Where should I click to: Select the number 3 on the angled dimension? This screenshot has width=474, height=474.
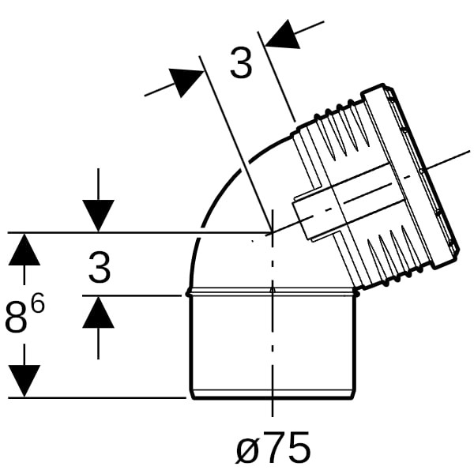241,63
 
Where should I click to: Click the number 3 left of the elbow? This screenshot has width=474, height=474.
100,268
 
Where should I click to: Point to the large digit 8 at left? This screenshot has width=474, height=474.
17,317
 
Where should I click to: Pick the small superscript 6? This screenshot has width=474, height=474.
38,303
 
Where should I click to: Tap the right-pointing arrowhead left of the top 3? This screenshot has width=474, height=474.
185,82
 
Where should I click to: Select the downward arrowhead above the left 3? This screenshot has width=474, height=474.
98,216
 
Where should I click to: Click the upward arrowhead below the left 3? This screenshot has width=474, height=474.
98,311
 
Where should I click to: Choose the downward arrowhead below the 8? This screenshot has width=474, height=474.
24,381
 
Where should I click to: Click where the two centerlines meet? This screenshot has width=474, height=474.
273,232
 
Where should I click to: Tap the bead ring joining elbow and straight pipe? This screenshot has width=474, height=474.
272,292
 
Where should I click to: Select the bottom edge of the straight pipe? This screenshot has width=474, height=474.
273,399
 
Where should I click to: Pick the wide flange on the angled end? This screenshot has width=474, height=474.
412,175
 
